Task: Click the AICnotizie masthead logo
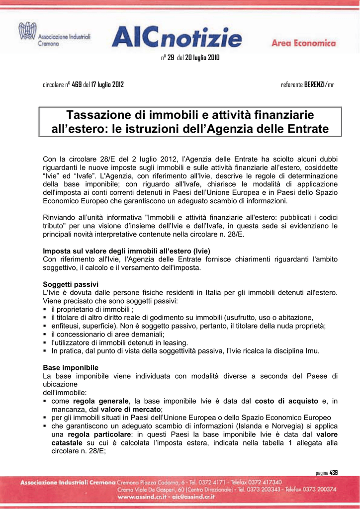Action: click(178, 37)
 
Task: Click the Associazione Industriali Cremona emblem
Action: click(27, 33)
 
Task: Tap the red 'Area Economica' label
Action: click(303, 43)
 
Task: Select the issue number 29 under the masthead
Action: click(171, 58)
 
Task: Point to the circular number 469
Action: click(77, 85)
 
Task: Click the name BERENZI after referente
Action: click(314, 85)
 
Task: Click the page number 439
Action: click(333, 472)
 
